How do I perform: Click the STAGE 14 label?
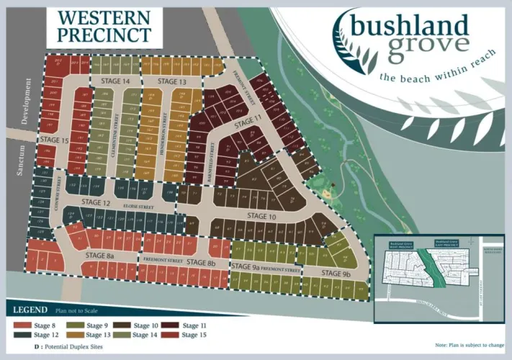tap(115, 81)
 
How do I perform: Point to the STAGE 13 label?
tap(171, 81)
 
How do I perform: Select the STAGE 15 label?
tap(54, 139)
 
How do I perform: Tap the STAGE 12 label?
tap(96, 203)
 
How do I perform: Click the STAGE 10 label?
tap(261, 216)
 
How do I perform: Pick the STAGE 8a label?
tap(100, 255)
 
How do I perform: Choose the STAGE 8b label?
tap(201, 262)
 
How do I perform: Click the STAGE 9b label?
tap(336, 274)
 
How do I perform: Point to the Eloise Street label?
tap(139, 207)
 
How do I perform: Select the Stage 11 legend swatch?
tap(171, 325)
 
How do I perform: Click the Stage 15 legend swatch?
tap(171, 335)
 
